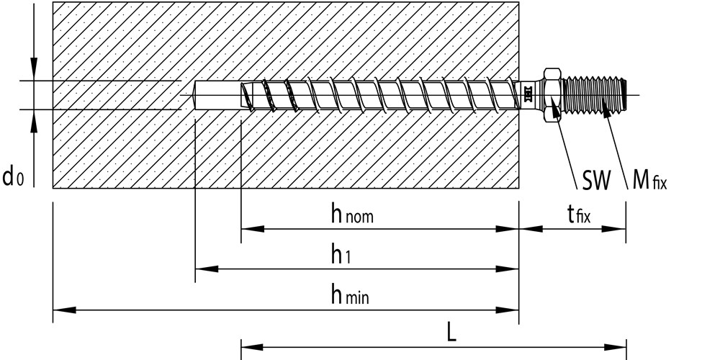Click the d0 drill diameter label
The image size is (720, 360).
click(13, 176)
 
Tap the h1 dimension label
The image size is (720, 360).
click(341, 254)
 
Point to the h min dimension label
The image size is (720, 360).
click(350, 294)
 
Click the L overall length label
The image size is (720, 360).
click(452, 333)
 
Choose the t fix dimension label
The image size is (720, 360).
click(579, 214)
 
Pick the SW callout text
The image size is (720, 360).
click(596, 181)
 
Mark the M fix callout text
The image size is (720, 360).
click(649, 180)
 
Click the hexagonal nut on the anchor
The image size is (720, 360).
click(552, 95)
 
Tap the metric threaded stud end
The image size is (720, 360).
click(594, 95)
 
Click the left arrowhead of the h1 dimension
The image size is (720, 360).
click(207, 269)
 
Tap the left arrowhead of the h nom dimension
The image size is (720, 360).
click(253, 229)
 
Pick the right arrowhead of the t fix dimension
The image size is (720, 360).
click(614, 229)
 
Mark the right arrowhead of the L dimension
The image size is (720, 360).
click(615, 347)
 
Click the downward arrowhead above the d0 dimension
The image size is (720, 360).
click(34, 69)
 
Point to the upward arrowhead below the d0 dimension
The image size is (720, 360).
click(34, 121)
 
